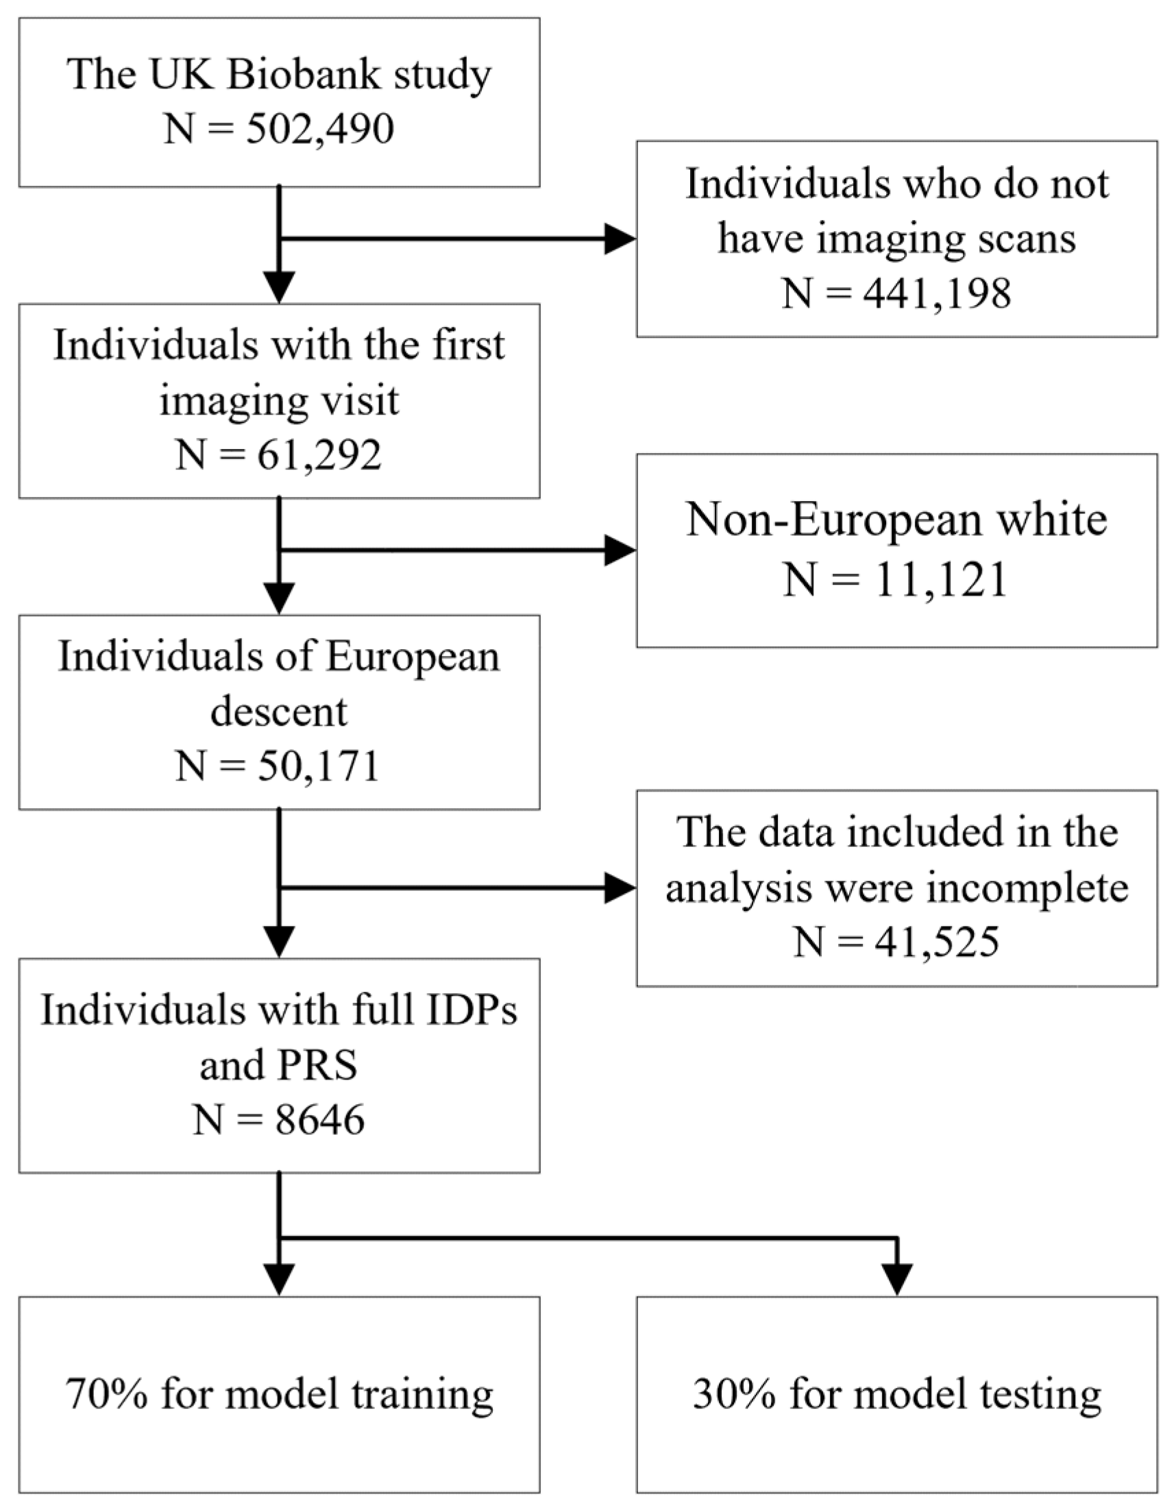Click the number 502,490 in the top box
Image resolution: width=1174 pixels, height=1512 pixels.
click(x=320, y=129)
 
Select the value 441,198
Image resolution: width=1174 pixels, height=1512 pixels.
click(x=937, y=293)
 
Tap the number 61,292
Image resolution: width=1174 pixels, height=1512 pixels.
click(x=319, y=456)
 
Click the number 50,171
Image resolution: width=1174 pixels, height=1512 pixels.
click(x=319, y=767)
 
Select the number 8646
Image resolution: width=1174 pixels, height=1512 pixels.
click(x=320, y=1119)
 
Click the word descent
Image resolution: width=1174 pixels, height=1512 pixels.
click(x=279, y=711)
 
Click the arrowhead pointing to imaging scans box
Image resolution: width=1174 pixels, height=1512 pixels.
click(x=620, y=239)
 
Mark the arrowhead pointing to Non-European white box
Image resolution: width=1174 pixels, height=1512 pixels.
click(x=620, y=551)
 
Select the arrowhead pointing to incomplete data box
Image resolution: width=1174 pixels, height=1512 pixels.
click(x=620, y=888)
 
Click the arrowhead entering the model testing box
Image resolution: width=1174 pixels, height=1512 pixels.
click(x=897, y=1280)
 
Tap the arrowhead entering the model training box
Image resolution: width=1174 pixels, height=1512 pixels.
click(x=279, y=1280)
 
